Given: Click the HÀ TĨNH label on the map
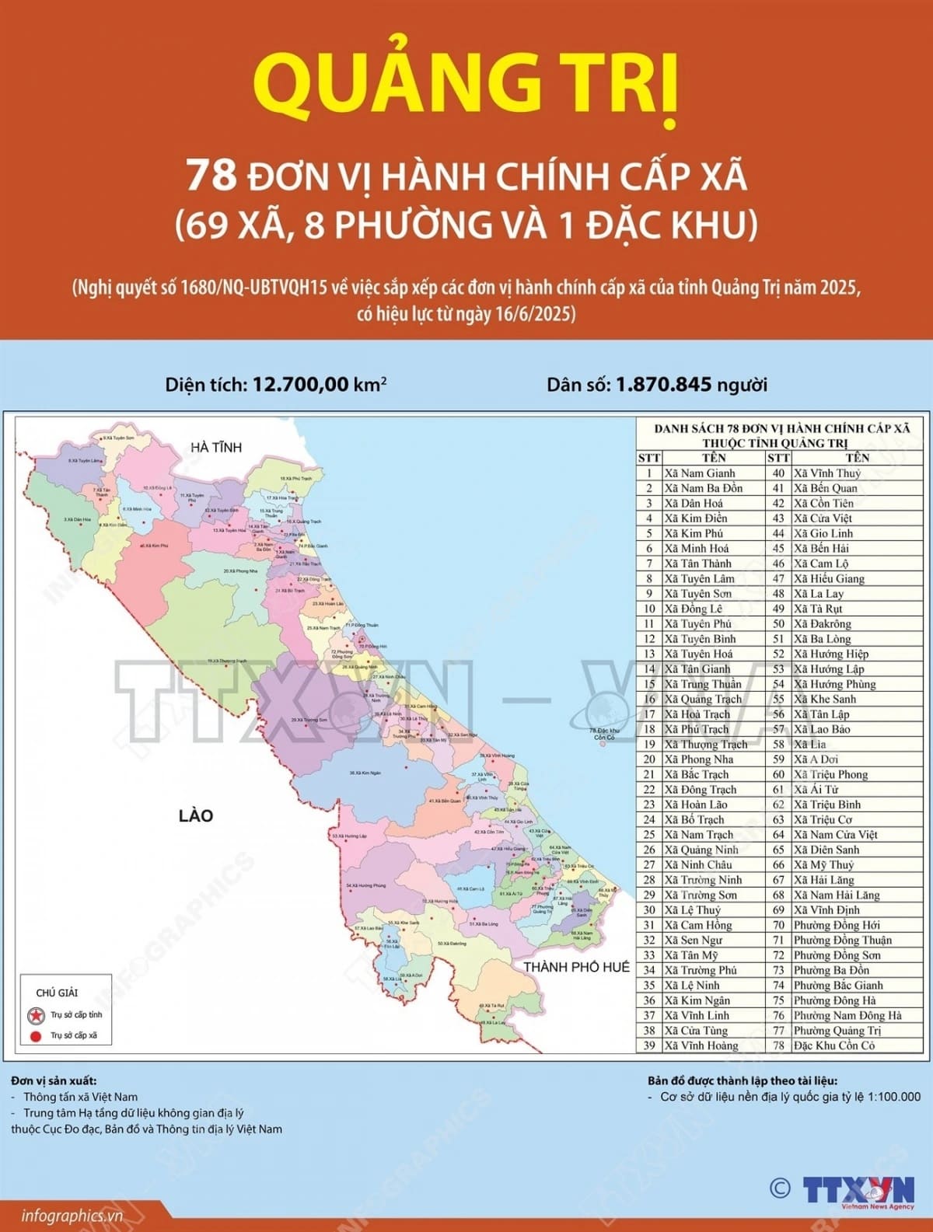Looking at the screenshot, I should click(216, 447).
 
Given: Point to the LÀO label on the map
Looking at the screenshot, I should click(196, 815).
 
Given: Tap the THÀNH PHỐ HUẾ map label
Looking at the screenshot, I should click(576, 967).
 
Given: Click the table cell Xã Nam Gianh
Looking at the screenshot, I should click(700, 473).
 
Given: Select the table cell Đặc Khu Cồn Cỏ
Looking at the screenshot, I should click(833, 1045).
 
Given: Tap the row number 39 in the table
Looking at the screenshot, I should click(649, 1045).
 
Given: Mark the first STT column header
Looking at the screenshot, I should click(648, 458).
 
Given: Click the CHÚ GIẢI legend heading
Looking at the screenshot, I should click(57, 993).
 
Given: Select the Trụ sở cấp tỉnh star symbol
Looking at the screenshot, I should click(36, 1015).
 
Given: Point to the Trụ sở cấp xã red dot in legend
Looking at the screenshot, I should click(36, 1035).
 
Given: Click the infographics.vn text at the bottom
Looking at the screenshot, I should click(72, 1216).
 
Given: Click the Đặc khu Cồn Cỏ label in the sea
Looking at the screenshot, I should click(604, 734).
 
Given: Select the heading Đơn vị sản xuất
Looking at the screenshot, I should click(54, 1080).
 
